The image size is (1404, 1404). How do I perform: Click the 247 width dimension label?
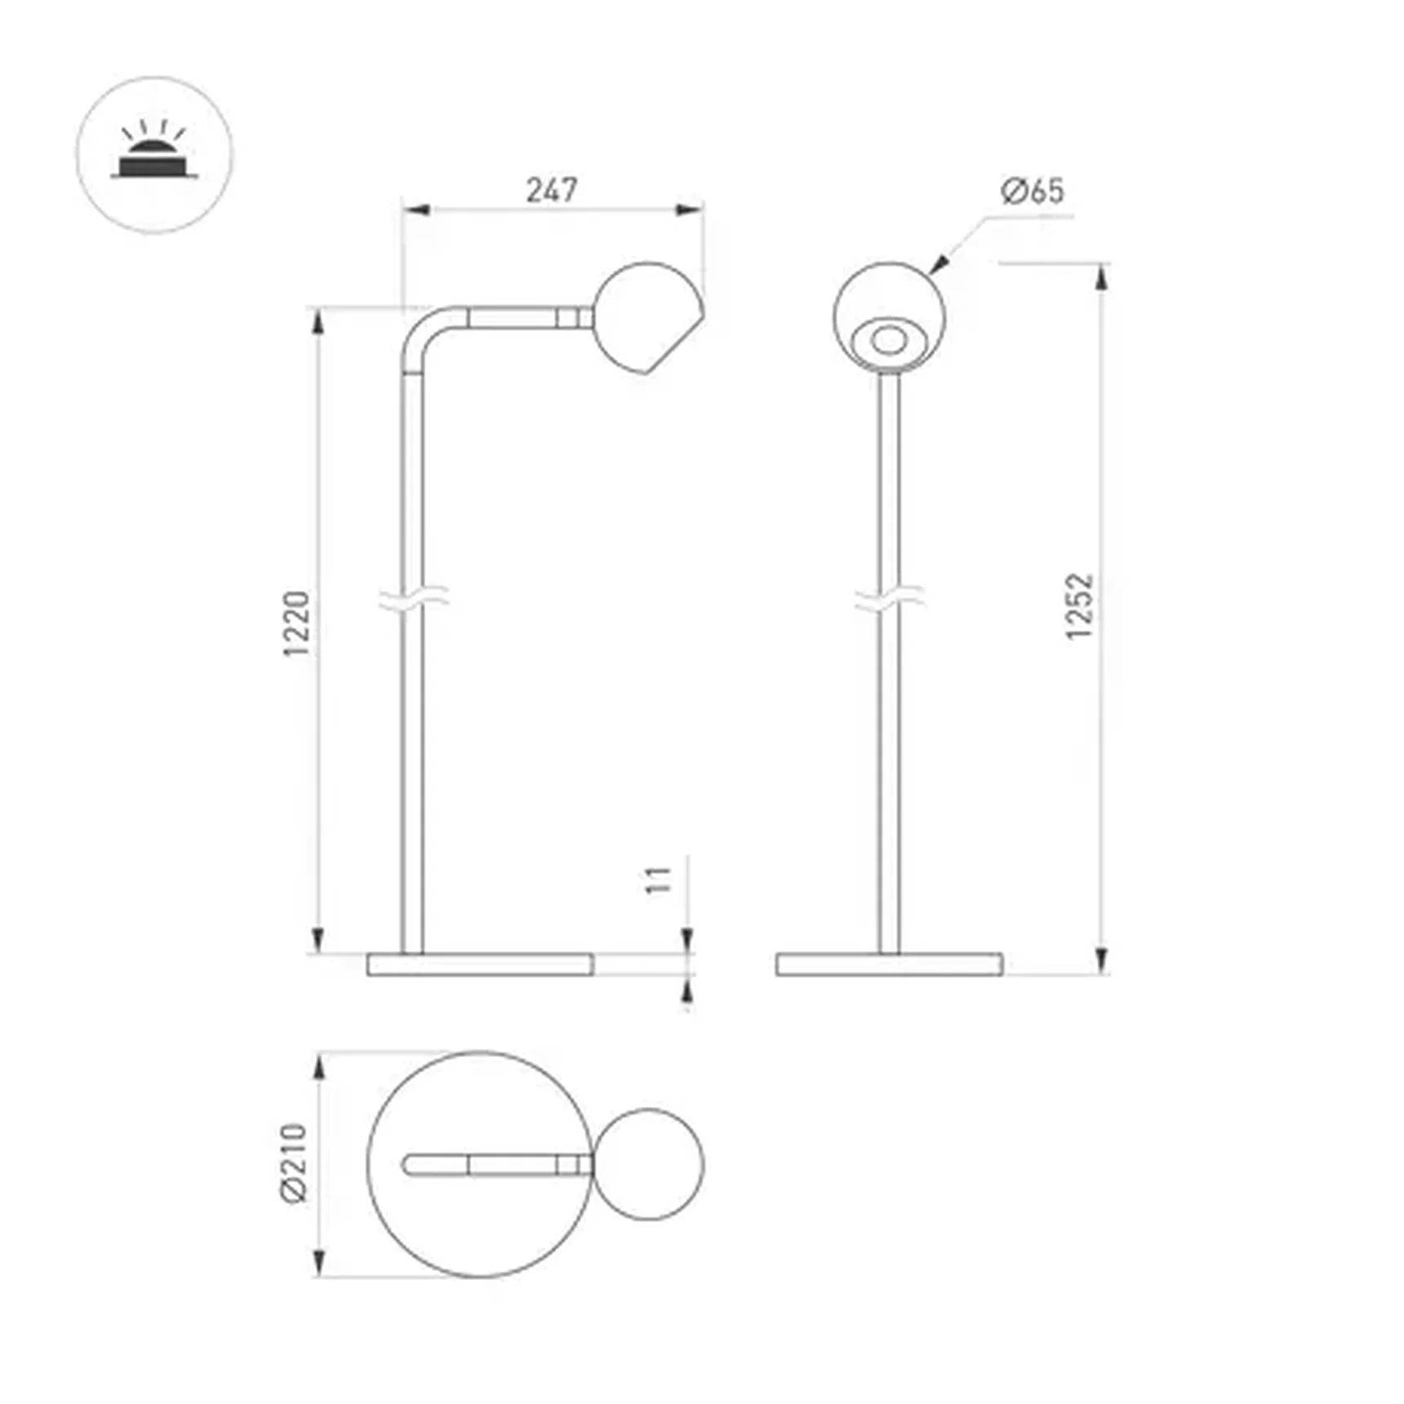point(552,190)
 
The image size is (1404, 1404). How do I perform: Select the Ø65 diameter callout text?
point(1033,191)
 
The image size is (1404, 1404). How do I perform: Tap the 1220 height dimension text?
point(298,623)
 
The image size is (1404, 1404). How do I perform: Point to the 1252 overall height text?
point(1080,606)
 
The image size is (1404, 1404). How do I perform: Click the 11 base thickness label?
point(659,880)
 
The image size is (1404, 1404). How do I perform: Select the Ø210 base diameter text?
point(295,1162)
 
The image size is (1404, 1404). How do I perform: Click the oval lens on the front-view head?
point(889,340)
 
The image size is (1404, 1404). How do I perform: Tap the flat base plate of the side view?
point(480,964)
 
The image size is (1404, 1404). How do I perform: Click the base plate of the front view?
point(890,964)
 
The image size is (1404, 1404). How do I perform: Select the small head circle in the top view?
point(648,1164)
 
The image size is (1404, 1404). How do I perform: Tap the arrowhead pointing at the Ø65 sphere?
point(939,264)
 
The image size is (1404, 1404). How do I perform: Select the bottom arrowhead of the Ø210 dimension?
point(319,1264)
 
